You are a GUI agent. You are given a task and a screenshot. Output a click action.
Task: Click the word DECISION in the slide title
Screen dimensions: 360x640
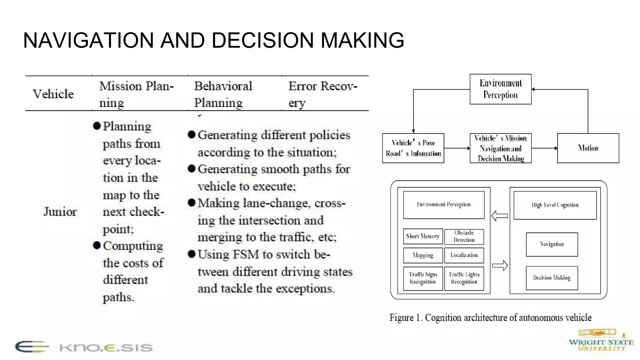tap(267, 41)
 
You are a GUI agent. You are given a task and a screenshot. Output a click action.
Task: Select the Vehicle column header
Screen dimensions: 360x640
tap(53, 94)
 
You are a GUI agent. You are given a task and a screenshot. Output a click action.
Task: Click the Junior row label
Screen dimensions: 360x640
tap(60, 212)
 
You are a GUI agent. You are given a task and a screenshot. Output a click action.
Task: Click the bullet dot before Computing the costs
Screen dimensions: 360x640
tap(97, 245)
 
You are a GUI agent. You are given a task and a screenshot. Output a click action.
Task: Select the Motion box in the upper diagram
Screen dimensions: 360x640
tap(588, 148)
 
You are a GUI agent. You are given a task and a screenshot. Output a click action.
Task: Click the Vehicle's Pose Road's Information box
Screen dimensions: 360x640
tap(413, 148)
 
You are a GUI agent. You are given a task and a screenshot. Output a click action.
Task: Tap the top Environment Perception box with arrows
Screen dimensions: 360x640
tap(500, 89)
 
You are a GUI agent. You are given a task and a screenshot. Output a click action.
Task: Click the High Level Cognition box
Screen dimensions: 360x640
tap(555, 205)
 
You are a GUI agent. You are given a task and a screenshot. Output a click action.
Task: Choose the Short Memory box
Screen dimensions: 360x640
tap(422, 236)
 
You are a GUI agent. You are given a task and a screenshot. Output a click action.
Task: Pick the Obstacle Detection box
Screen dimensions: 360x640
tap(464, 237)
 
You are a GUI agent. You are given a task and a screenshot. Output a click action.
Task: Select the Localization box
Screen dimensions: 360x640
tap(464, 255)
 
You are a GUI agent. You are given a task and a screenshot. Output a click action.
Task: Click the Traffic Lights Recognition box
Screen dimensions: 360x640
tap(464, 278)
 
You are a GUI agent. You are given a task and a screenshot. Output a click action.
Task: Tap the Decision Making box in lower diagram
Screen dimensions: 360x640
tap(552, 278)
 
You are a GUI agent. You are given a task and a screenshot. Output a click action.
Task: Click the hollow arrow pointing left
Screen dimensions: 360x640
tap(499, 216)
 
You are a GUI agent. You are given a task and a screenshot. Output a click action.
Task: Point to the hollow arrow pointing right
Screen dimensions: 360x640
tap(500, 266)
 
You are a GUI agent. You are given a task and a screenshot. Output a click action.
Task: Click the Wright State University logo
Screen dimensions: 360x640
tap(601, 341)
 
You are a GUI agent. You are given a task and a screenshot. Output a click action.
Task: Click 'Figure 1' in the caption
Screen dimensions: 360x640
tap(405, 318)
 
